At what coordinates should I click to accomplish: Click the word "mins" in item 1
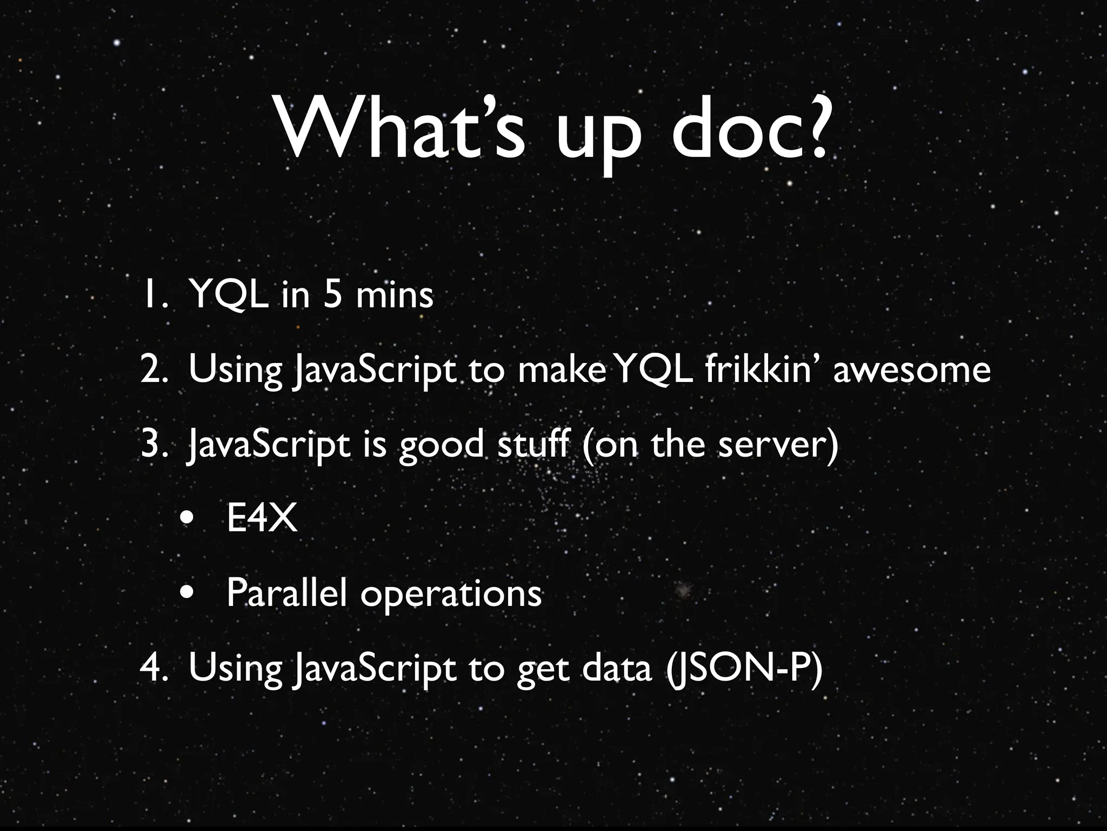(395, 295)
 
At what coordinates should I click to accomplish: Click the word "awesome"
(912, 370)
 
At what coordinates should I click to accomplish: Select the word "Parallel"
(286, 593)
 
